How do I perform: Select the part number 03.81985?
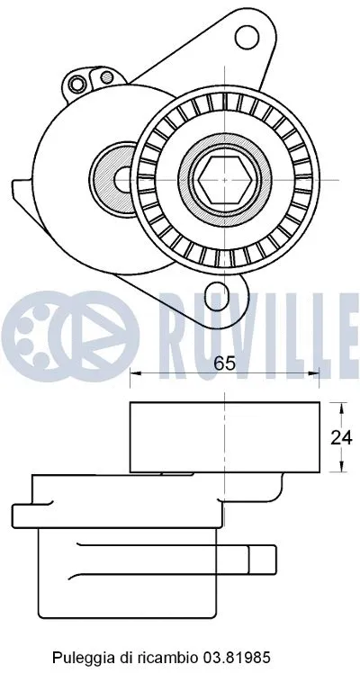click(238, 633)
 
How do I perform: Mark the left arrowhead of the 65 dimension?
click(136, 373)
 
